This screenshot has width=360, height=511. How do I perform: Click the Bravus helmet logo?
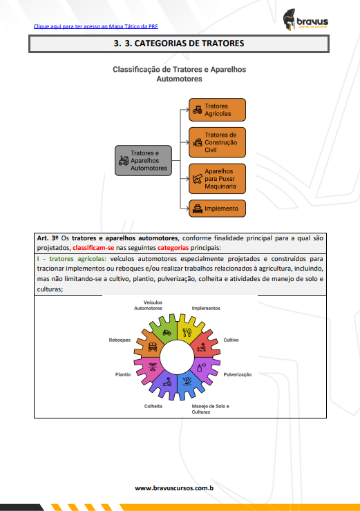coord(289,19)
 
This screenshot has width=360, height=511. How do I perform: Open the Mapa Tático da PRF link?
coord(96,26)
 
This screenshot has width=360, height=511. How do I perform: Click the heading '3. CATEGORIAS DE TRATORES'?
coord(179,44)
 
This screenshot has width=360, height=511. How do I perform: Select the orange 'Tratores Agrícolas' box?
coord(217,110)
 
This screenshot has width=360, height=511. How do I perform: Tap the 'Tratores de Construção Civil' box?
coord(217,142)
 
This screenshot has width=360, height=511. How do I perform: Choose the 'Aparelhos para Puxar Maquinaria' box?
coord(217,179)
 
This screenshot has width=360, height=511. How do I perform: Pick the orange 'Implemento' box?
coord(217,209)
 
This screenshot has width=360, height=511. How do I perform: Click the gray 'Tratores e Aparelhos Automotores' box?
coord(143,161)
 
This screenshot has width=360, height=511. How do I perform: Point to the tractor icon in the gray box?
coord(124,161)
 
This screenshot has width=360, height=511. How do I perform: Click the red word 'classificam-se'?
coord(93,248)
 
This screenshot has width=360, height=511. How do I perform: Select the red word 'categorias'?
coord(173,248)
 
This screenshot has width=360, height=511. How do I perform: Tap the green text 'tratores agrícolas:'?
coord(77,259)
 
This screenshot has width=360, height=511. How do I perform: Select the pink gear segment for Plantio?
coord(149,367)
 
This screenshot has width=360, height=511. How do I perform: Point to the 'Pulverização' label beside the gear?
coord(238,375)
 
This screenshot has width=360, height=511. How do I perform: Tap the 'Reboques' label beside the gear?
coord(120,340)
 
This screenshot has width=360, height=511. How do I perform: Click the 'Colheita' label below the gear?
coord(153,407)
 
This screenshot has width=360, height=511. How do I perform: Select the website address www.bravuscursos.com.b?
coord(174,488)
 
